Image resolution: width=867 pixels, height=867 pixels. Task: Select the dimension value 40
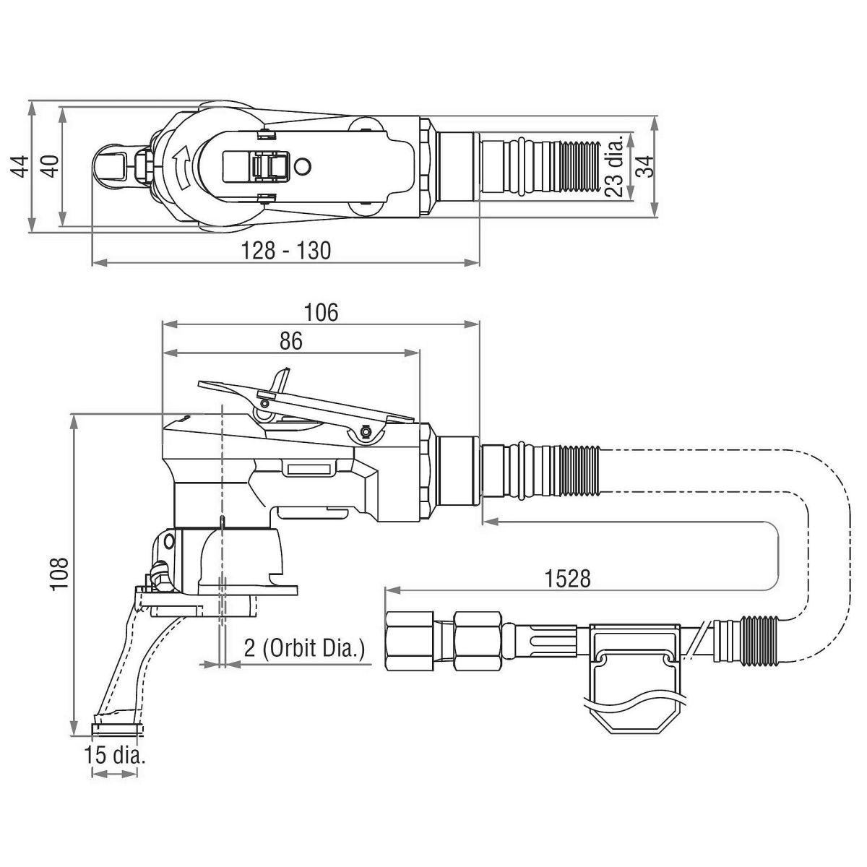[49, 167]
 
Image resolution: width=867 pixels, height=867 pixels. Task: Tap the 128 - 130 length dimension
[285, 250]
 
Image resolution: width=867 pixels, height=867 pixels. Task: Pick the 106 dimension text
[321, 312]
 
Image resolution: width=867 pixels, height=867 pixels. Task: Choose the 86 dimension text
[290, 341]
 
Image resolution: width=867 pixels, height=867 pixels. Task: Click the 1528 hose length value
[568, 578]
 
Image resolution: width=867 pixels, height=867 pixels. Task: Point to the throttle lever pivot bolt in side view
[366, 432]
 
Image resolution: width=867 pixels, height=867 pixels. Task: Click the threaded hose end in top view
[578, 165]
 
